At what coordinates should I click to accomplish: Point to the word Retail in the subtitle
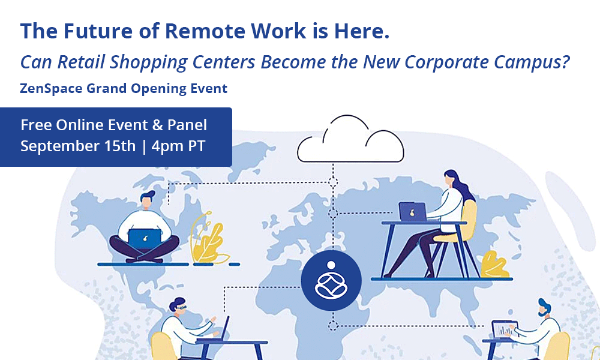[x=81, y=62]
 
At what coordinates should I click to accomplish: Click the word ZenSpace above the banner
[x=51, y=89]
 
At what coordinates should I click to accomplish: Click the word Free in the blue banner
[x=36, y=125]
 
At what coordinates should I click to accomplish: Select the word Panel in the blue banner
[x=187, y=125]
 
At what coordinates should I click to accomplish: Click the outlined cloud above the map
[x=350, y=157]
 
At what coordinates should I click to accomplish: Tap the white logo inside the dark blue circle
[x=331, y=280]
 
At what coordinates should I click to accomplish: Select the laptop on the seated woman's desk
[x=413, y=212]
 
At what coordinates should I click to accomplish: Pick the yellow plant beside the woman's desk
[x=495, y=265]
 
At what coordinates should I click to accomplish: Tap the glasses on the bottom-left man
[x=181, y=307]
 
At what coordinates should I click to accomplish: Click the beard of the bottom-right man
[x=543, y=313]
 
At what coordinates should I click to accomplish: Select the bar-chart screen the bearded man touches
[x=505, y=329]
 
